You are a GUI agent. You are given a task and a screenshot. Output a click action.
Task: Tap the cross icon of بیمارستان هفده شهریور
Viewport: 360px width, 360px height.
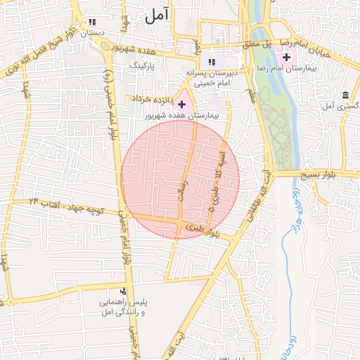click(181, 103)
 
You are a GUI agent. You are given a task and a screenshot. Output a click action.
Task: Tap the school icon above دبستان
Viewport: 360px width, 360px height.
click(93, 22)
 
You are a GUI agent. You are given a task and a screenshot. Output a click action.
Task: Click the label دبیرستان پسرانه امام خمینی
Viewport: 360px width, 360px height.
click(217, 77)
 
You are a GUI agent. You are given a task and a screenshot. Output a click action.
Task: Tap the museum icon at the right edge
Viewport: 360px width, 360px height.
click(345, 95)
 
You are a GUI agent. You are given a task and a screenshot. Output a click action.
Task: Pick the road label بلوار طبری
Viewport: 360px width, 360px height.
click(208, 231)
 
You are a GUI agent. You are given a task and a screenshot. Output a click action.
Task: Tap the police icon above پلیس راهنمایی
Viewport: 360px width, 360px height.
click(124, 291)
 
